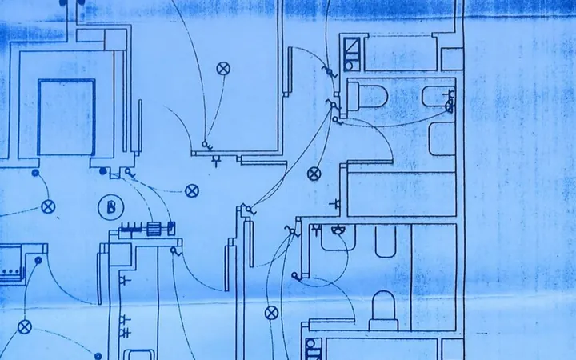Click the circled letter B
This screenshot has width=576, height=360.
(111, 207)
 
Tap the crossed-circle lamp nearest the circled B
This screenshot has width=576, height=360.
(192, 191)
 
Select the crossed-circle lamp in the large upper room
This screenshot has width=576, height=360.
(223, 69)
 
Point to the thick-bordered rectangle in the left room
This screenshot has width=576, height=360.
(66, 117)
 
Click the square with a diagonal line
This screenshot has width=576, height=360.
(352, 46)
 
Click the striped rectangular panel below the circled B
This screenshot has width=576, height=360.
(152, 230)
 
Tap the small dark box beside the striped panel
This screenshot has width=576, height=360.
(171, 228)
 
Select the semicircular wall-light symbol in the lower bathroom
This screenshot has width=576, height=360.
(338, 230)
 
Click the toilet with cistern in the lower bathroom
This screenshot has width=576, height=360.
(383, 310)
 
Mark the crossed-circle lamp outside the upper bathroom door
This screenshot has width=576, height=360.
(314, 174)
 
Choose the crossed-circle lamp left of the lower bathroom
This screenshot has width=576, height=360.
(271, 313)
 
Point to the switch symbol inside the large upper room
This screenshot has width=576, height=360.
(207, 146)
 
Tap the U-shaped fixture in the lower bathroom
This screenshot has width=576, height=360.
(386, 242)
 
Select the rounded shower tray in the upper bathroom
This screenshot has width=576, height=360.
(442, 139)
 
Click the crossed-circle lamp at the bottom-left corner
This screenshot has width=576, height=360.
(25, 327)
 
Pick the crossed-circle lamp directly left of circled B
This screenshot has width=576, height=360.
(48, 207)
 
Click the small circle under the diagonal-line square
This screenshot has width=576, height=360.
(349, 66)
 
